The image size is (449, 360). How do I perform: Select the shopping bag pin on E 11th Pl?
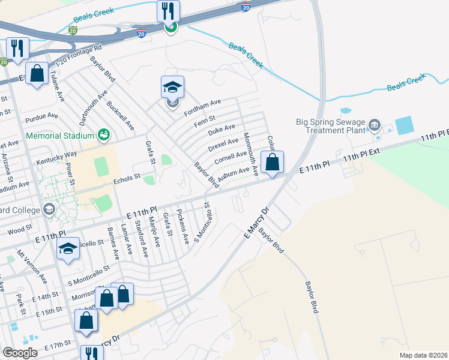272,162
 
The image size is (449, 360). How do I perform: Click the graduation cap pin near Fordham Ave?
172,88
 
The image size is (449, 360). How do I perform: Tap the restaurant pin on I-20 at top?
169,11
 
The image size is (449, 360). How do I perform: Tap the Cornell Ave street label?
232,158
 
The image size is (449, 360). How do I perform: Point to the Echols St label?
127,177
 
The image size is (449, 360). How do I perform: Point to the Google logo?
20,353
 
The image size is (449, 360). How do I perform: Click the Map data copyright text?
423,355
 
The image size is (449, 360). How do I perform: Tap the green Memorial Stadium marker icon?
104,134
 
